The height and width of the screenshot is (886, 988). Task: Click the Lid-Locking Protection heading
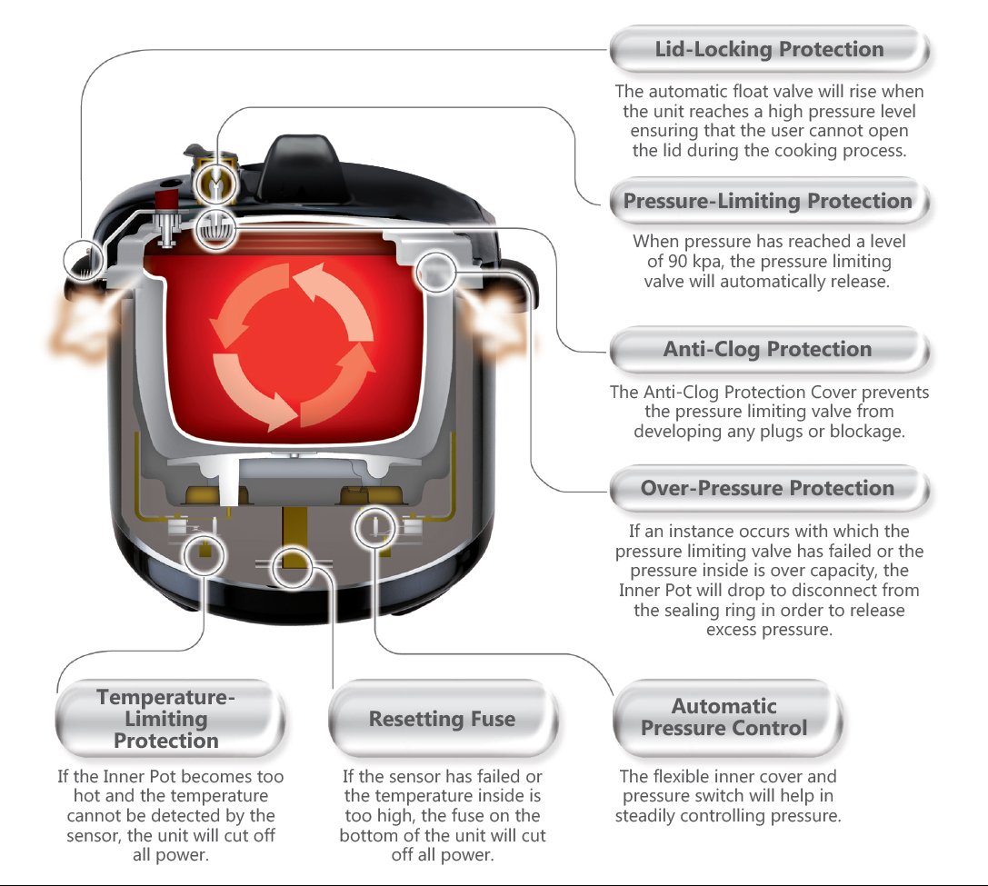[769, 49]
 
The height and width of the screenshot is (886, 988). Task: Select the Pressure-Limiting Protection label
[768, 201]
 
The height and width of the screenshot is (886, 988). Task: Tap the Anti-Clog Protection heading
[768, 349]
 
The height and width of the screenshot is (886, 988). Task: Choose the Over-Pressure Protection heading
[768, 488]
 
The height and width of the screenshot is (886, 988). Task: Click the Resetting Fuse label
[442, 719]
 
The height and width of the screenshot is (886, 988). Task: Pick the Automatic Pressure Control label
[724, 717]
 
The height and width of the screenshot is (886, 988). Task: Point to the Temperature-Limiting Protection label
[166, 719]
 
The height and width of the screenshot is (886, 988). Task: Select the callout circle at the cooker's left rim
[84, 261]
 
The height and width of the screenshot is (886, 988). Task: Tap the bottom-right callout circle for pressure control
[374, 527]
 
